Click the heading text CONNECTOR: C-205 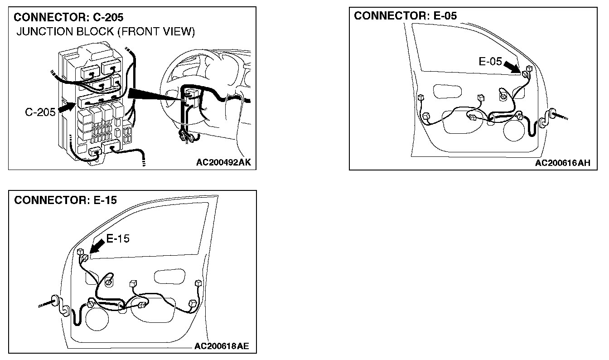(68, 17)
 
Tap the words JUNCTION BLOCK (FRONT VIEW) (106, 32)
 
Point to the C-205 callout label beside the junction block (40, 112)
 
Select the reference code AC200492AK (223, 162)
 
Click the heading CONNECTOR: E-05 (406, 15)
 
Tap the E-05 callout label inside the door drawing (490, 62)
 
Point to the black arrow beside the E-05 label (512, 68)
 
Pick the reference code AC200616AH (563, 163)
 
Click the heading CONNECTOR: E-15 (66, 200)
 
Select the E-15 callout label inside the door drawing (118, 238)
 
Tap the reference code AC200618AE (222, 346)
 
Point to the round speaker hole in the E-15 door (97, 318)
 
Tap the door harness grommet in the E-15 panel (55, 301)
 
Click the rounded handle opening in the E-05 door (447, 92)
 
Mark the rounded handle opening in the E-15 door (169, 277)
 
